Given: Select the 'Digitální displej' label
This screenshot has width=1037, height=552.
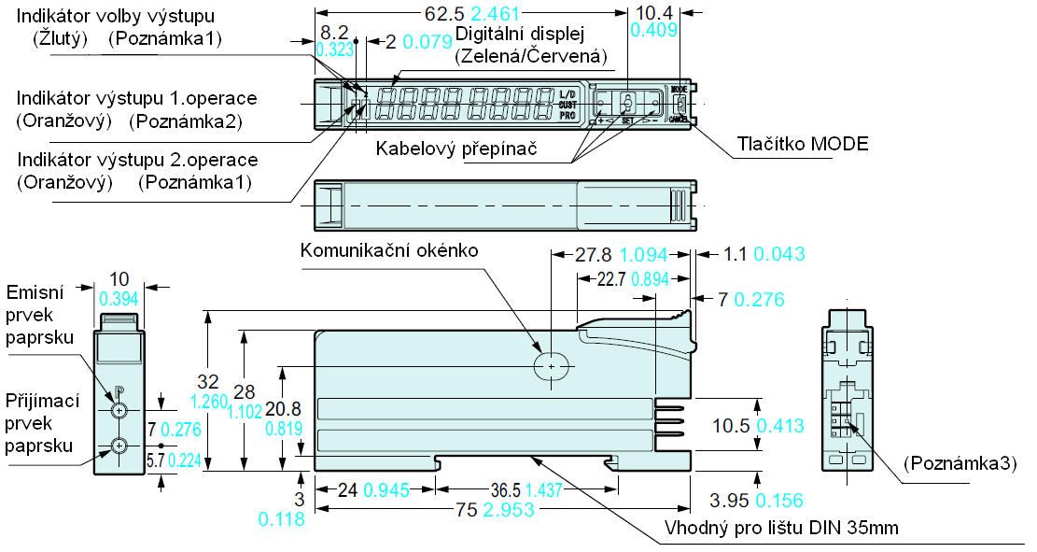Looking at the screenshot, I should pyautogui.click(x=519, y=35).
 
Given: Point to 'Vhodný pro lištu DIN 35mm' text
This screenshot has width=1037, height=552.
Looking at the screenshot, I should pyautogui.click(x=780, y=528).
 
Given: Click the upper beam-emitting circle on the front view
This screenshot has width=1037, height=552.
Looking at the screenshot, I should pyautogui.click(x=119, y=410).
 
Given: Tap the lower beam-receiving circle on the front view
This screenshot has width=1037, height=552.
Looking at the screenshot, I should pyautogui.click(x=119, y=446).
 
